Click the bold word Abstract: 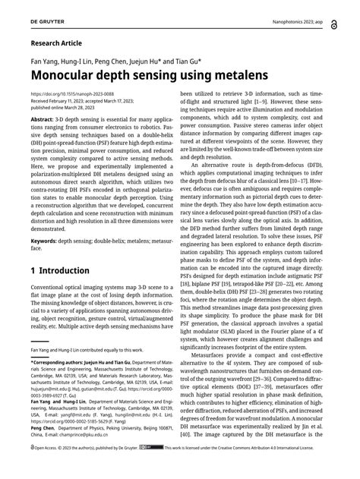coord(46,120)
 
